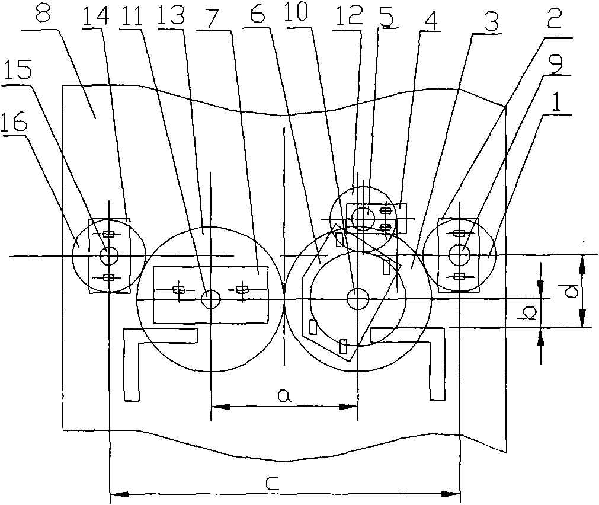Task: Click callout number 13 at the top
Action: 172,15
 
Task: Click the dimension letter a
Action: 284,396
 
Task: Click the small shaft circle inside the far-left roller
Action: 109,255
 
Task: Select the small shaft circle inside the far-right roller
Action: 460,255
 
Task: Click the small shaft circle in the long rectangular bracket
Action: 211,299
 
